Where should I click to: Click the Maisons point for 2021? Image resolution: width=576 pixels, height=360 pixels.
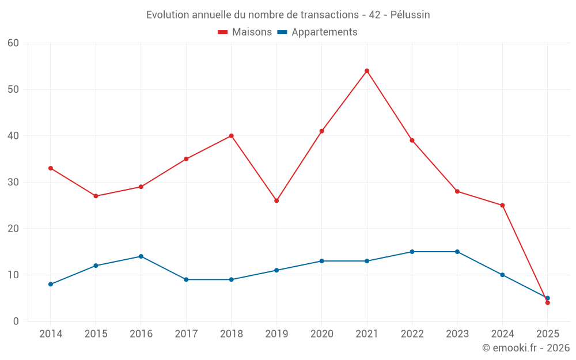coord(367,71)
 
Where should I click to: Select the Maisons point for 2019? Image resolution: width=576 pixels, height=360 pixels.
coord(276,200)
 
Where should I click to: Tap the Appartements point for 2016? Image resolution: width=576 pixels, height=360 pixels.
coord(141,256)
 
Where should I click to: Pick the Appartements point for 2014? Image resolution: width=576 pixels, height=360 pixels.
coord(51,284)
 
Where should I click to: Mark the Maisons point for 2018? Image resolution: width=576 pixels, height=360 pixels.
coord(231,136)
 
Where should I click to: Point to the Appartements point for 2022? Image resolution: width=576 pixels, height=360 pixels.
coord(412,252)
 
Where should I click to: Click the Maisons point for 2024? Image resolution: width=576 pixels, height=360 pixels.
coord(502,205)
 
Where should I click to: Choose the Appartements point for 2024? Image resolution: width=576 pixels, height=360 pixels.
coord(502,275)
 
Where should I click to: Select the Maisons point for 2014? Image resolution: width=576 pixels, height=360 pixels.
coord(51,168)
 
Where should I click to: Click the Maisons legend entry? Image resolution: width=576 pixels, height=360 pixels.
coord(245,32)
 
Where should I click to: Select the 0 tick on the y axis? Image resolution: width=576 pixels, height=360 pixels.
coord(16,321)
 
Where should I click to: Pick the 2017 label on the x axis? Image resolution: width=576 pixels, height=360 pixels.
coord(186,334)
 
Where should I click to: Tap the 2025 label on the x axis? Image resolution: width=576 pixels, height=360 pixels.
coord(547,334)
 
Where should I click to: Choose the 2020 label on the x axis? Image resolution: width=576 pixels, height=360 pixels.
coord(321,334)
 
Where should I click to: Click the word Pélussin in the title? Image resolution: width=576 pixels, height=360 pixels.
coord(410,15)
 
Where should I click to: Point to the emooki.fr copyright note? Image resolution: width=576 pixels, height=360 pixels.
coord(526,348)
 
